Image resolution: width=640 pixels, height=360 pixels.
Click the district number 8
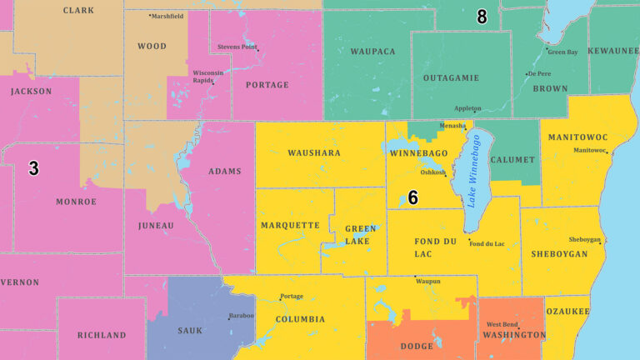click(x=482, y=17)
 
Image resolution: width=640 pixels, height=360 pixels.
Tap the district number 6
click(x=412, y=197)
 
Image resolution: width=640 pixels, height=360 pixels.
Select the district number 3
click(x=33, y=168)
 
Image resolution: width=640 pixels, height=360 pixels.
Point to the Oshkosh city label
click(x=432, y=172)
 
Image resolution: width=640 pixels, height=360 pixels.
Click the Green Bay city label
click(x=562, y=52)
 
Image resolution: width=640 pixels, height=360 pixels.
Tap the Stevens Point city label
click(x=237, y=47)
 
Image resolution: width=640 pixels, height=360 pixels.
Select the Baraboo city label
click(x=242, y=316)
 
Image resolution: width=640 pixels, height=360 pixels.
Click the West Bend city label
click(x=504, y=324)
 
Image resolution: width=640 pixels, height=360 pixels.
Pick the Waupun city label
click(x=428, y=282)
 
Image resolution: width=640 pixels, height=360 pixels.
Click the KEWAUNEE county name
click(x=613, y=52)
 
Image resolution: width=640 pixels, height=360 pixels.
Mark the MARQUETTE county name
click(x=290, y=226)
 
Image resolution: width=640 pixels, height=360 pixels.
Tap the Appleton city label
click(x=467, y=108)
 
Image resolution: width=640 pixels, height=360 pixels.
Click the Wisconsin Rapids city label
click(x=208, y=76)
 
